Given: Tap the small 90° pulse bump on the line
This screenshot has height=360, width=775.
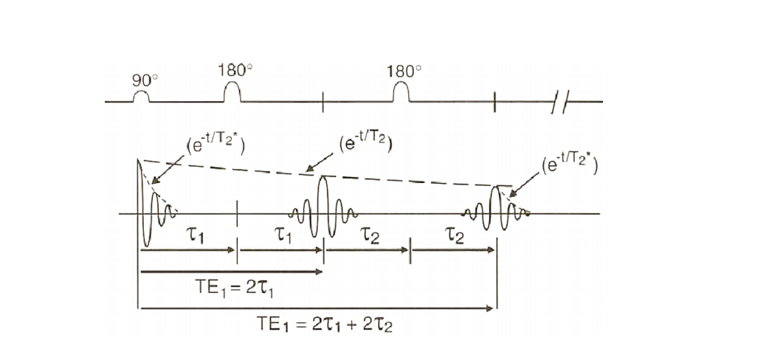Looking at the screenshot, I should [x=141, y=97].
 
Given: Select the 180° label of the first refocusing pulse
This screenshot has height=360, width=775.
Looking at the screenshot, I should [x=235, y=71].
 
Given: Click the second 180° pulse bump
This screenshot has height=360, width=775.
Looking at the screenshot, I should [x=401, y=91].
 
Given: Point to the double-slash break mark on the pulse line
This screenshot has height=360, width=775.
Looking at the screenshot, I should [x=558, y=102].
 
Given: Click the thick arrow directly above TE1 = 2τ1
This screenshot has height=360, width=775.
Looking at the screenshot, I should [x=230, y=271].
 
